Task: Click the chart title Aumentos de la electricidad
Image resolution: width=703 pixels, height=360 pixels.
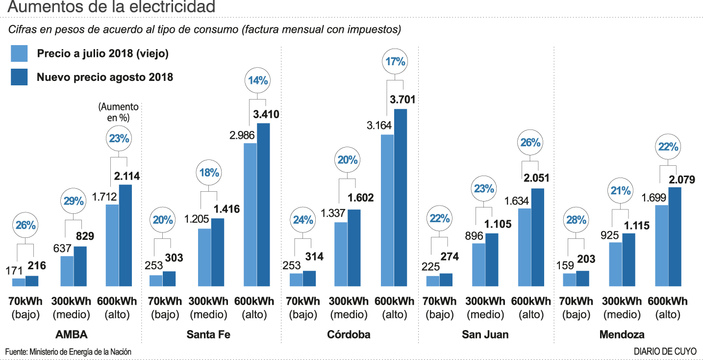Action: click(112, 7)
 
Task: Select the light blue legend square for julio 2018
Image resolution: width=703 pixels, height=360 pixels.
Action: click(19, 53)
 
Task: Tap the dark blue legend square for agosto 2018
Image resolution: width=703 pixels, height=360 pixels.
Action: click(19, 77)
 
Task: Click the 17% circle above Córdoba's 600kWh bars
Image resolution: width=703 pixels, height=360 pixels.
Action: click(395, 62)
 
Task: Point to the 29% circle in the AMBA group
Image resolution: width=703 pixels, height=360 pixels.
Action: click(74, 201)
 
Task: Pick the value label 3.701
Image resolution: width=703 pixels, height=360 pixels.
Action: click(402, 100)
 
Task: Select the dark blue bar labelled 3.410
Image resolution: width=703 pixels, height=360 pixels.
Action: click(263, 205)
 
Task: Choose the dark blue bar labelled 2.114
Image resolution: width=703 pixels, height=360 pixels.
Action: click(126, 235)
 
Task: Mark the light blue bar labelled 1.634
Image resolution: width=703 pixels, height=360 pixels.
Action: click(525, 247)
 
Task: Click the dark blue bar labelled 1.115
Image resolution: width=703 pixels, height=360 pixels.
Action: click(629, 259)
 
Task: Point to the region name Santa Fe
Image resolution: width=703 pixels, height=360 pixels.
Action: click(208, 335)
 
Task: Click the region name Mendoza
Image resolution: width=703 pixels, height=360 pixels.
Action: click(622, 335)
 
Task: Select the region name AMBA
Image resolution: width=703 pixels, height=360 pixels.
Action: click(72, 335)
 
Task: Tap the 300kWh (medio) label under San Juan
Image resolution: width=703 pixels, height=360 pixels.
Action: click(486, 308)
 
